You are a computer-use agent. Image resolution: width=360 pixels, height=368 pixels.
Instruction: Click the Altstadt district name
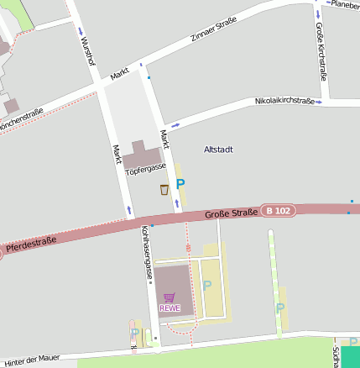pos(218,149)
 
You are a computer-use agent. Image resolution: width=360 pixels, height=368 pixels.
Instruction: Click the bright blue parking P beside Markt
pos(180,184)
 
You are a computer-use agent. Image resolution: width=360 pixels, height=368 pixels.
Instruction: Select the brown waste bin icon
pos(164,189)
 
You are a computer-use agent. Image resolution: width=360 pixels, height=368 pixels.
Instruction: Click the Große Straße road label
pos(231,215)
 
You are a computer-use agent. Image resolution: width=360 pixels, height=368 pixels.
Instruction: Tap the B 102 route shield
pos(279,210)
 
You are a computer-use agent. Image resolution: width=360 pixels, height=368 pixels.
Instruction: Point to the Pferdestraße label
pos(30,244)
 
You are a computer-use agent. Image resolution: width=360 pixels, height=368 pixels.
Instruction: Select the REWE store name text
pos(170,308)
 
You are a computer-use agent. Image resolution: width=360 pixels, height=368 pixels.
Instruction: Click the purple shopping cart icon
pos(170,297)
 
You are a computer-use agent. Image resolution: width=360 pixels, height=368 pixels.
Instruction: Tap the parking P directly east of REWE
pos(207,287)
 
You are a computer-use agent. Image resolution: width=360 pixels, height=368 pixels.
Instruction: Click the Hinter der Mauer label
pos(32,359)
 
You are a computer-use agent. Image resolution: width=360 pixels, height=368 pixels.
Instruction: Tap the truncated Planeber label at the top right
pos(344,4)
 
